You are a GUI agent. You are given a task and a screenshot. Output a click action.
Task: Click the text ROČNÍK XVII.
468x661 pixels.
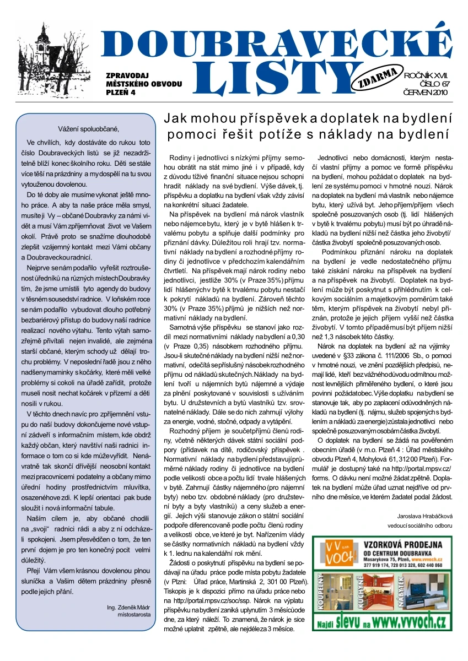click(x=426, y=74)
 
